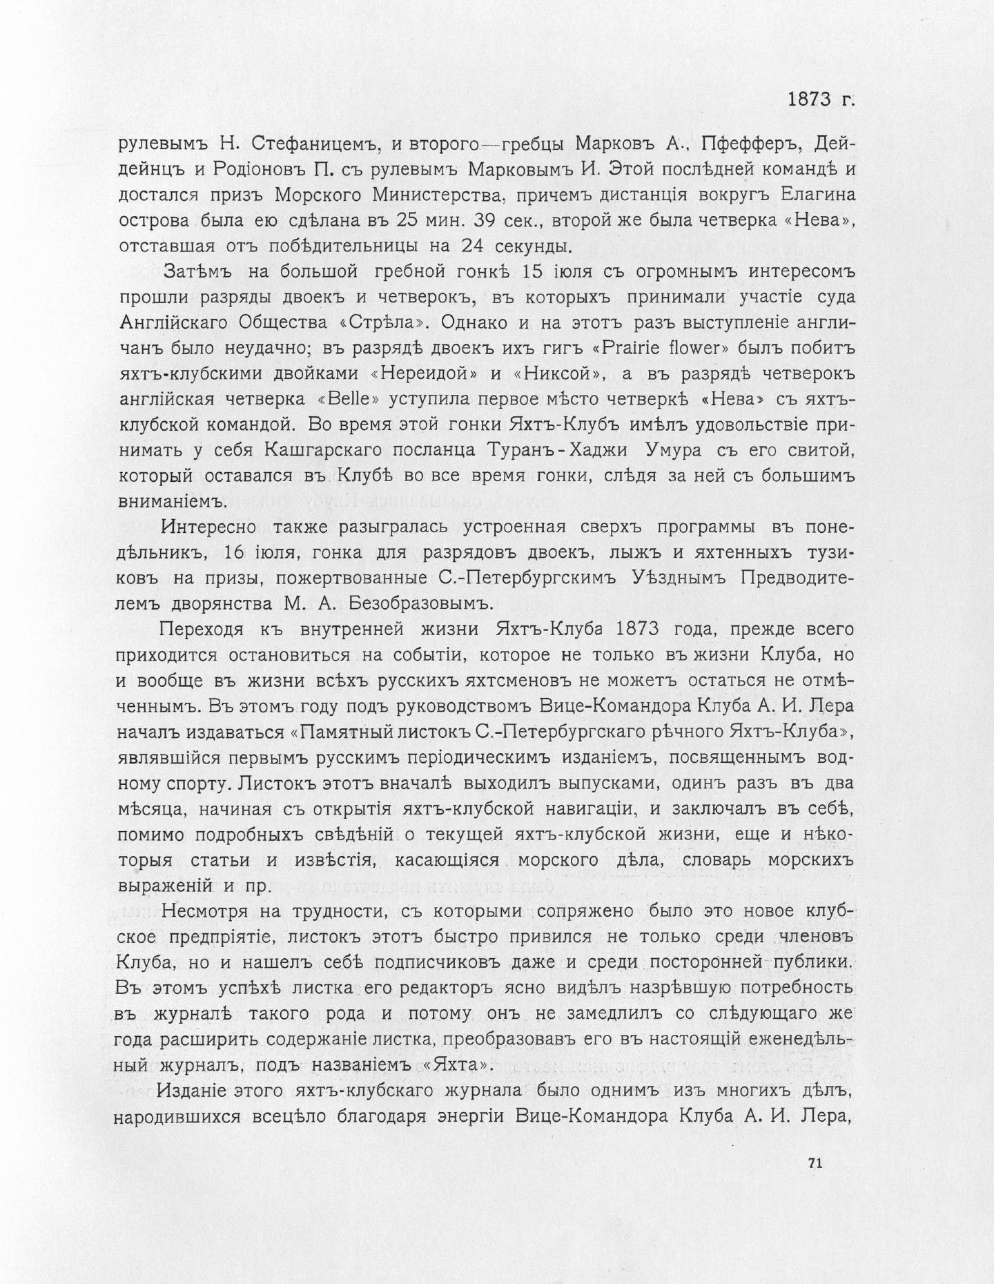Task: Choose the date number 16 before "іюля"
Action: [238, 553]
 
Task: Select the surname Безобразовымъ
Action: [414, 604]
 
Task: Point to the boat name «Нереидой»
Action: [425, 374]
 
